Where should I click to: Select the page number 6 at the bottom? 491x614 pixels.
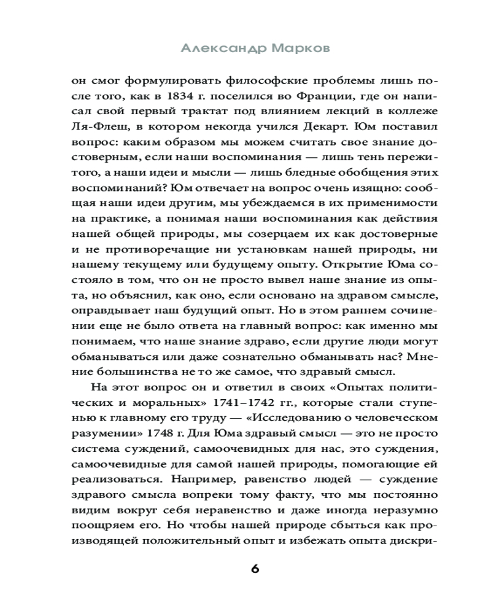pyautogui.click(x=255, y=568)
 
